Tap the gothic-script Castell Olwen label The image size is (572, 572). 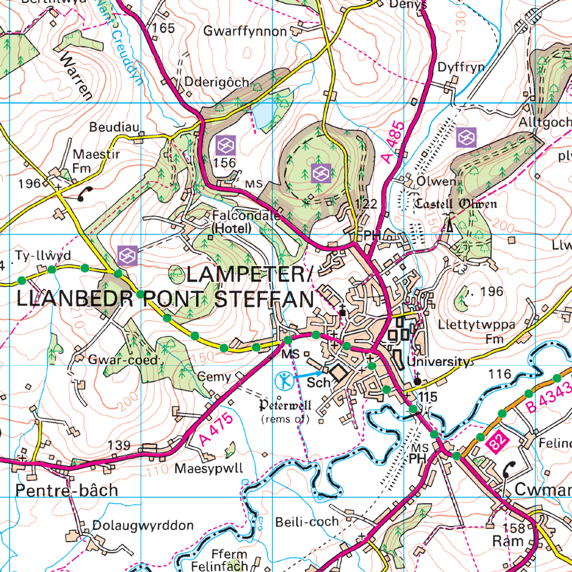click(455, 204)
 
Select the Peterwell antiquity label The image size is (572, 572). click(285, 406)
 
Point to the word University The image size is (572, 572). click(439, 362)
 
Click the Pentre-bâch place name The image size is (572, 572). click(67, 490)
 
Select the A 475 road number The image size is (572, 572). click(216, 430)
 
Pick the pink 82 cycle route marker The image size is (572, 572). click(497, 442)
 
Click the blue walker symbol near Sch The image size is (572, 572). click(284, 381)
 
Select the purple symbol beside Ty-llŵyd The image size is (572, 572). click(127, 256)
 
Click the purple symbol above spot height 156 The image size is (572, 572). click(226, 145)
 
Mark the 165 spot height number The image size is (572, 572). click(163, 28)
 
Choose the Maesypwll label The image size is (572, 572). click(209, 468)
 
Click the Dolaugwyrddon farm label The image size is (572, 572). click(143, 525)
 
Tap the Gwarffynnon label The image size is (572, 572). click(245, 31)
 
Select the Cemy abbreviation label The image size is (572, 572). click(214, 377)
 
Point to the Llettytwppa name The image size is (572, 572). click(476, 324)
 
